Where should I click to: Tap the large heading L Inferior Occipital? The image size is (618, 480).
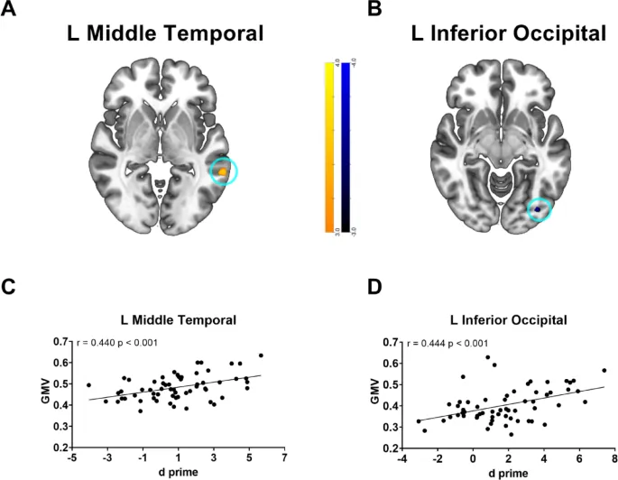click(x=496, y=35)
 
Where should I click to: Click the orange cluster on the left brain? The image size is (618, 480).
click(x=223, y=169)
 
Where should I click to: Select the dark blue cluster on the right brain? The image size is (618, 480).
click(x=539, y=209)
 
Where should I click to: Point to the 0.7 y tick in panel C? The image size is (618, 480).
click(x=60, y=342)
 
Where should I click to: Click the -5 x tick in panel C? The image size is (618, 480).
click(x=72, y=457)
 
